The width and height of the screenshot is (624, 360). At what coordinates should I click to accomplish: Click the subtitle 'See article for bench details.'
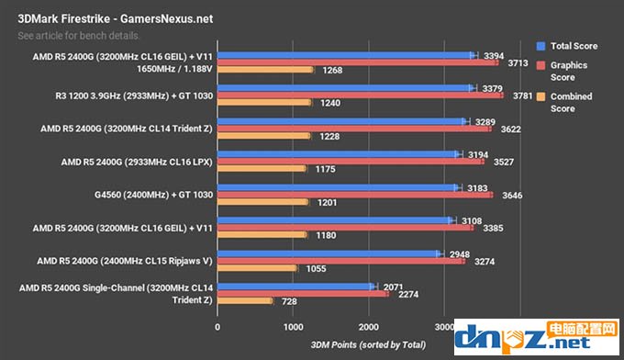pyautogui.click(x=79, y=36)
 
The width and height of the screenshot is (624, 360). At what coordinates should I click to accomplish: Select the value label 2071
pyautogui.click(x=392, y=287)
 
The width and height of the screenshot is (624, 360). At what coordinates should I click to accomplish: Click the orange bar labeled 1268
pyautogui.click(x=265, y=70)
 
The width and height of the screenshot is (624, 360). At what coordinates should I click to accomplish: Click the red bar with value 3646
pyautogui.click(x=354, y=195)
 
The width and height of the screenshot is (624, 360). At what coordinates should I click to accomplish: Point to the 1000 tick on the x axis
pyautogui.click(x=293, y=326)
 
